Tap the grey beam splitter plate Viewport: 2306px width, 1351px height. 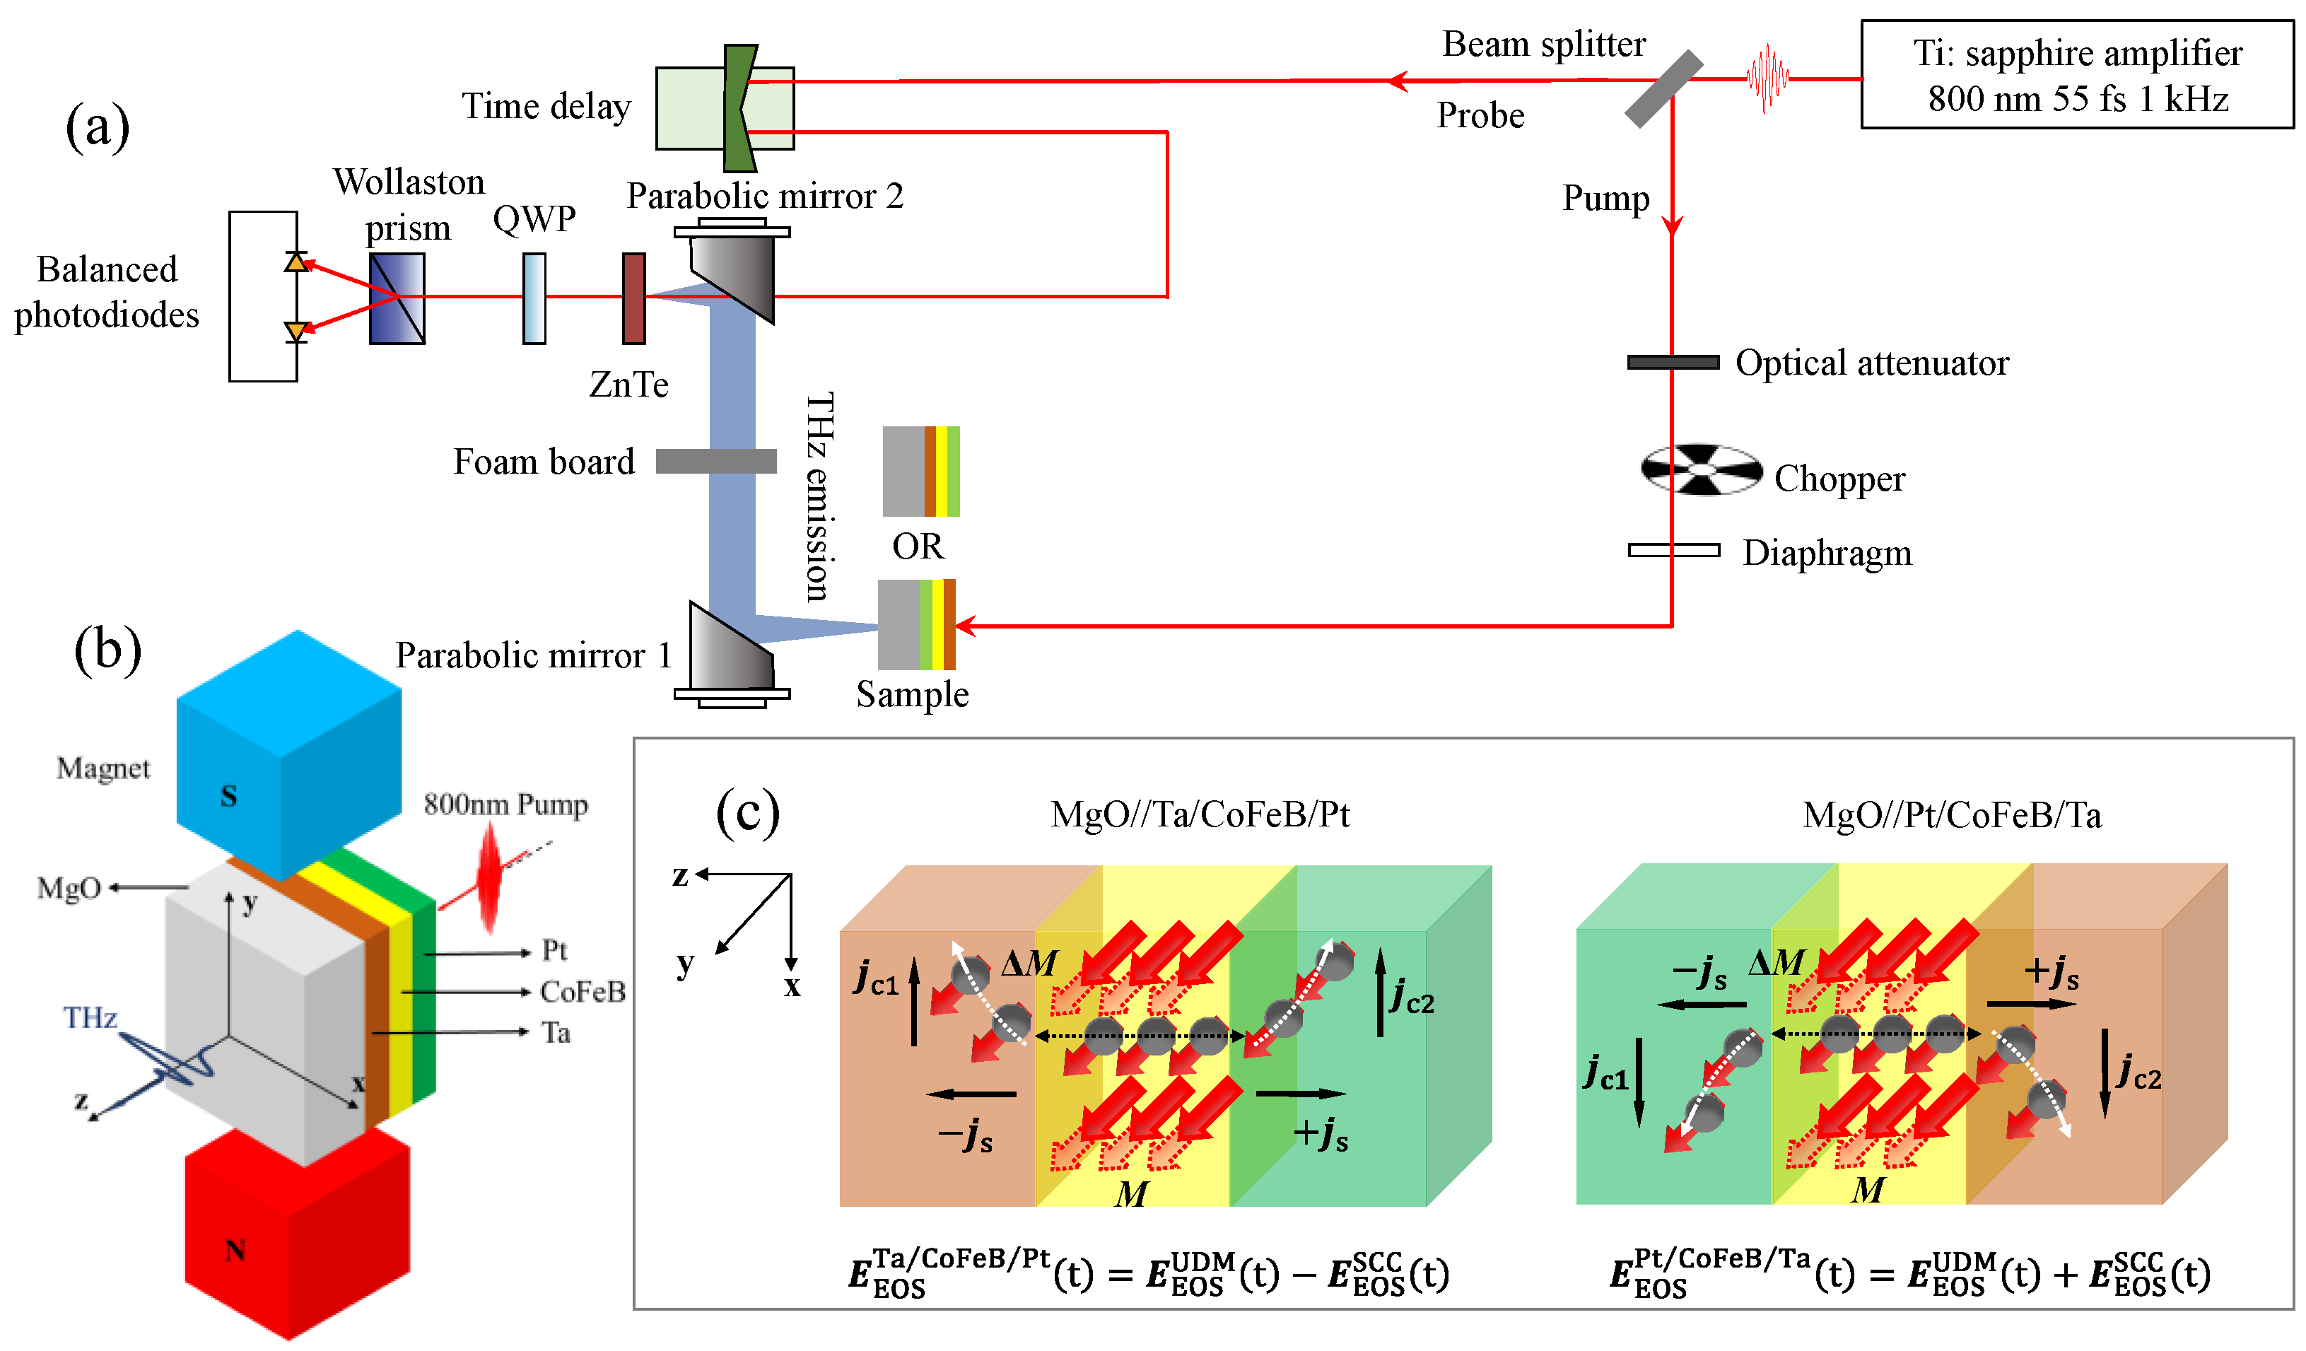coord(1663,89)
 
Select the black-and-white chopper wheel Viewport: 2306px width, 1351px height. coord(1700,469)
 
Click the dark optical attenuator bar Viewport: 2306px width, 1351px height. coord(1672,363)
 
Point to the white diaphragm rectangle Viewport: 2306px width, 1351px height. coord(1673,550)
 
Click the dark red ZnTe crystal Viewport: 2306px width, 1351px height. coord(633,298)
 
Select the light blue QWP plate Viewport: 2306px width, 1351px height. coord(534,298)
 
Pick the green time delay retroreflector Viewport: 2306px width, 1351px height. coord(739,108)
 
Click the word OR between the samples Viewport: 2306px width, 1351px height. coord(917,546)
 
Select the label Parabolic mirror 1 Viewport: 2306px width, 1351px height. coord(534,655)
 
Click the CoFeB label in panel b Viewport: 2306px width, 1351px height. coord(582,992)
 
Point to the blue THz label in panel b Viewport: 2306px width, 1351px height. coord(90,1018)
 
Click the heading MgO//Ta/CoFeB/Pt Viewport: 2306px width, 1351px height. coord(1199,814)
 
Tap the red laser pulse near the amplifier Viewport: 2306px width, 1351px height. coord(1766,78)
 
